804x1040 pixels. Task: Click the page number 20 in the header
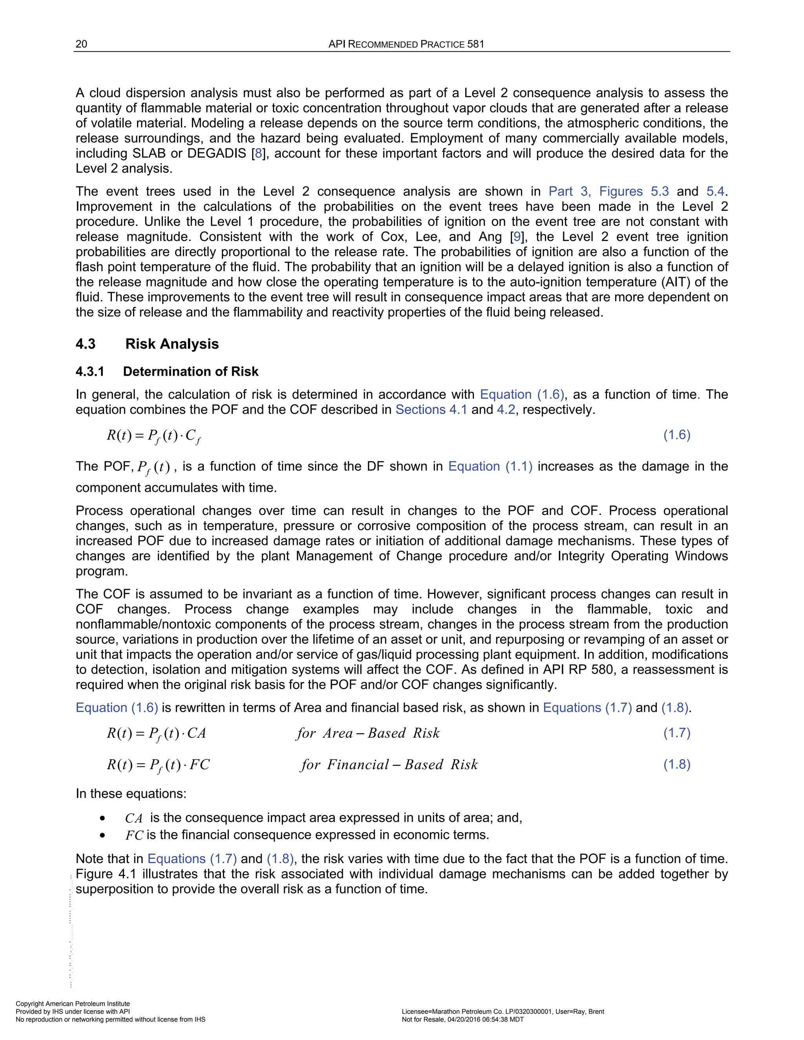point(81,44)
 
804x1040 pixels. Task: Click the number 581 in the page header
point(475,44)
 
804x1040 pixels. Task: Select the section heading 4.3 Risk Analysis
point(147,344)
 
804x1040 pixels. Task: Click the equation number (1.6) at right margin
point(677,434)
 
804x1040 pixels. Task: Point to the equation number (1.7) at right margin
point(677,732)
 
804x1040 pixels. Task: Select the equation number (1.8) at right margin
point(677,764)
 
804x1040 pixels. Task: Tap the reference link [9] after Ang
point(517,237)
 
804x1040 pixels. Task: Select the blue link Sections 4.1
point(431,409)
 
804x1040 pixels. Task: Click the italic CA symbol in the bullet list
point(134,818)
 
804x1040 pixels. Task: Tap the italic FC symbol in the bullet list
point(134,835)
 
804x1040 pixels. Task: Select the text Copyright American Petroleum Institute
point(73,1004)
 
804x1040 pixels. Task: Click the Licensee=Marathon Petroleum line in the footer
point(503,1011)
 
